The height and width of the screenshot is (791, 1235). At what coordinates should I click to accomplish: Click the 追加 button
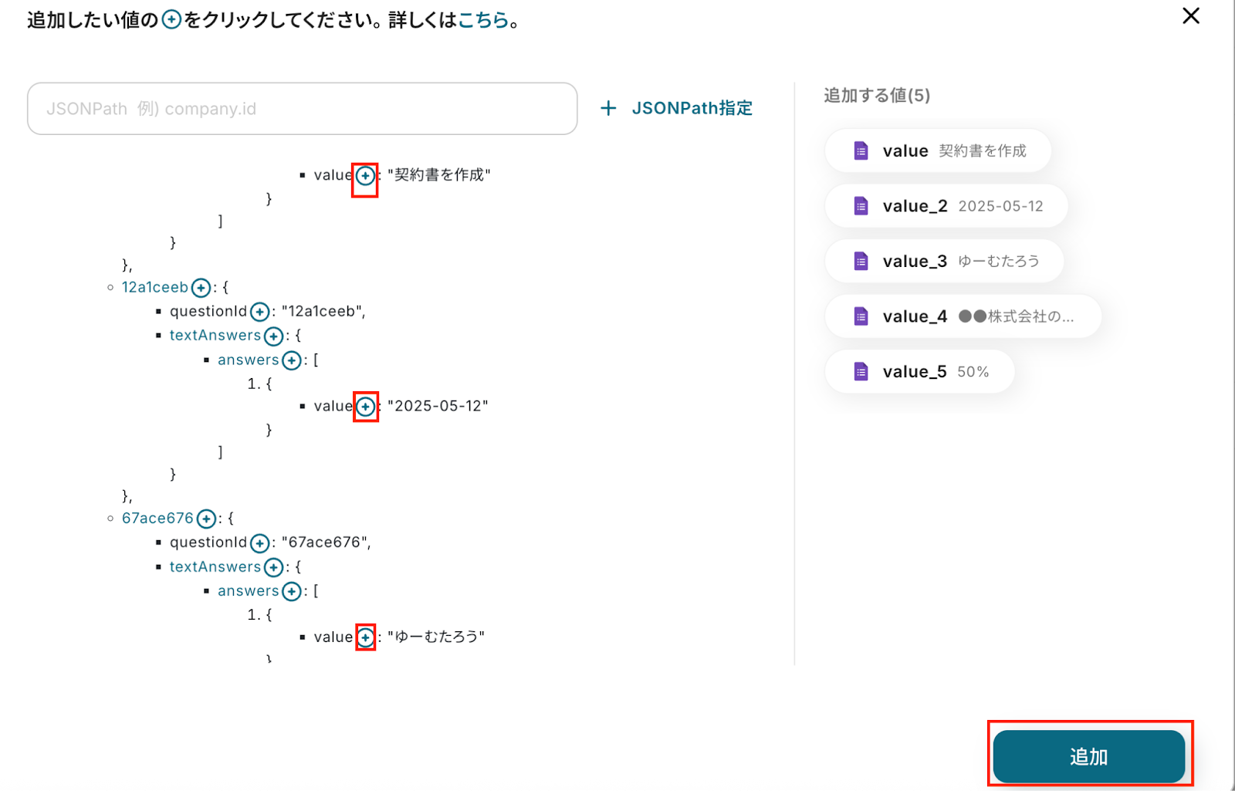(x=1088, y=756)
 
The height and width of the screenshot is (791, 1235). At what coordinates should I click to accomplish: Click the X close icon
(x=1190, y=16)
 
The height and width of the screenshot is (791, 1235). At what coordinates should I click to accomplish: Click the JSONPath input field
(x=302, y=109)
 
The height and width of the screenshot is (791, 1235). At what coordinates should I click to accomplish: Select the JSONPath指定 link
(x=677, y=108)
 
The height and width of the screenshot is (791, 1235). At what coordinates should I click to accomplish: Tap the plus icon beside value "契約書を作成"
(x=365, y=176)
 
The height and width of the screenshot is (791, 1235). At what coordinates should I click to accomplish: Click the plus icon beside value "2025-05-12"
(x=366, y=407)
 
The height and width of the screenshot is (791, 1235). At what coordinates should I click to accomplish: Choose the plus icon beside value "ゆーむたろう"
(x=366, y=637)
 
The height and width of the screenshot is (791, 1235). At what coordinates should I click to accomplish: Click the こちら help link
(x=483, y=20)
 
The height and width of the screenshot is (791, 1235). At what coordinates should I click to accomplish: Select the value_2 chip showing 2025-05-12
(x=946, y=206)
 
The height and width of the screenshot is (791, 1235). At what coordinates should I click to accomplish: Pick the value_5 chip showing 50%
(x=919, y=372)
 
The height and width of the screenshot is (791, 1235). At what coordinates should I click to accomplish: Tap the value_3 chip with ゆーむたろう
(x=944, y=262)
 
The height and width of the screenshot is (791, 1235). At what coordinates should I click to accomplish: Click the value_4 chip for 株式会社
(x=963, y=316)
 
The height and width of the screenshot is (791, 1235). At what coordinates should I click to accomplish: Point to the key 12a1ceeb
(x=154, y=288)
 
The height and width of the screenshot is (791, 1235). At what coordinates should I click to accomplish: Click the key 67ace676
(x=157, y=519)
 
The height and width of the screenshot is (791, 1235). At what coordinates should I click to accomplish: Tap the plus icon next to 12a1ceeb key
(x=201, y=289)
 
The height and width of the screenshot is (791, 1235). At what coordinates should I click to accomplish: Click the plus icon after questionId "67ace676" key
(x=260, y=543)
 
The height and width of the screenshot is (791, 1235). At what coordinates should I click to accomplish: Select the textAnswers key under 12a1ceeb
(x=215, y=336)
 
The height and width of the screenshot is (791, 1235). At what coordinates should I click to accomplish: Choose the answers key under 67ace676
(x=248, y=591)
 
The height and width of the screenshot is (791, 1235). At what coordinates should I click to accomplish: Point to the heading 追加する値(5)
(x=877, y=96)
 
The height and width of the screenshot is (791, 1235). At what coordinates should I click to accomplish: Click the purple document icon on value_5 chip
(x=861, y=372)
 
